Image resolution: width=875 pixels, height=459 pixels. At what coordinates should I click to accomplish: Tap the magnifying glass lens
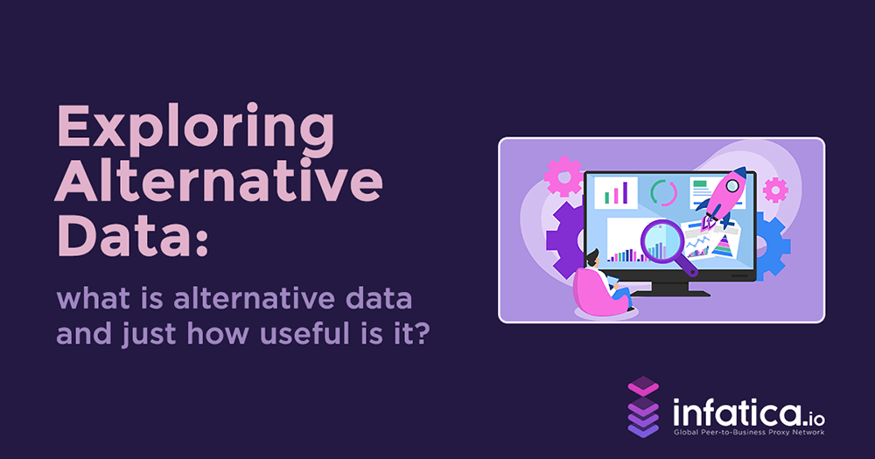click(x=661, y=242)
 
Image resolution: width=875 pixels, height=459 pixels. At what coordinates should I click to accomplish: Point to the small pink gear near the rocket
click(x=775, y=189)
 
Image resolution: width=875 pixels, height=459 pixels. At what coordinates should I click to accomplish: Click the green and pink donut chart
click(x=663, y=192)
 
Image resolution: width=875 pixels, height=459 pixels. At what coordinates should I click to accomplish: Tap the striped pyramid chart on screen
click(x=723, y=248)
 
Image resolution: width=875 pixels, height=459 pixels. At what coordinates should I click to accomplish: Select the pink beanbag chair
click(x=596, y=292)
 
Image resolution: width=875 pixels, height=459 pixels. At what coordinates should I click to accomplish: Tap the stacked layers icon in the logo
click(x=643, y=407)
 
